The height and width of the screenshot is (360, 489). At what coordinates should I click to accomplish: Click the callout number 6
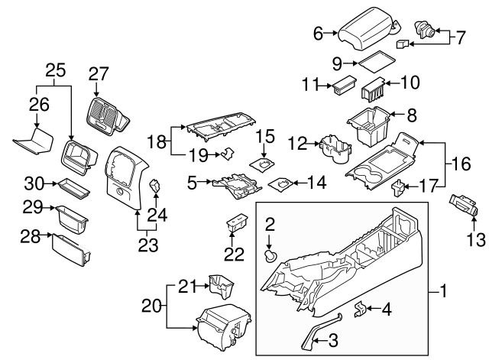pyautogui.click(x=318, y=33)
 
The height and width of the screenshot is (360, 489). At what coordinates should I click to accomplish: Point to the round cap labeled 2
pyautogui.click(x=268, y=255)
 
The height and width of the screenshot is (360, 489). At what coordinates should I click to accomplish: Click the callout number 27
pyautogui.click(x=99, y=73)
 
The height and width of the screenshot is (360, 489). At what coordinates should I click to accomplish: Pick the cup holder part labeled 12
pyautogui.click(x=334, y=147)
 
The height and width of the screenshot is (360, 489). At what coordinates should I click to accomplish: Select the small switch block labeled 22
pyautogui.click(x=237, y=224)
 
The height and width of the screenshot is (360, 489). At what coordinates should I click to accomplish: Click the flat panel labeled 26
pyautogui.click(x=34, y=142)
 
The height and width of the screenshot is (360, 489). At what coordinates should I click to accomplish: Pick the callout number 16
pyautogui.click(x=456, y=163)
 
